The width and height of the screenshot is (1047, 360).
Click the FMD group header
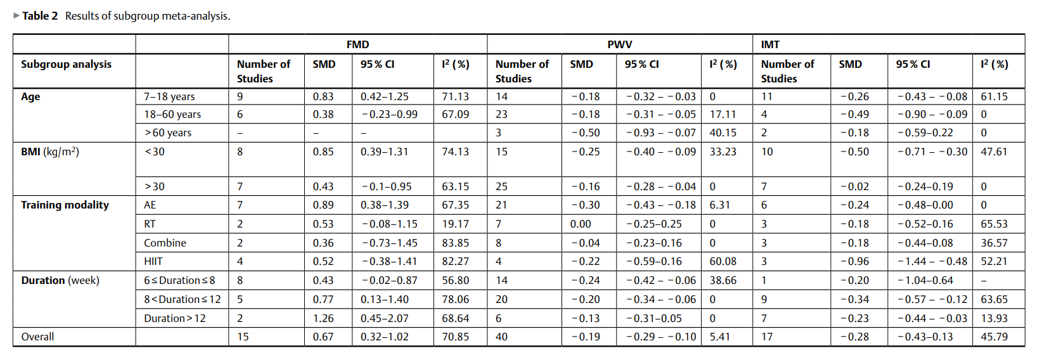click(357, 44)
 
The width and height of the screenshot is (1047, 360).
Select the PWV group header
click(620, 44)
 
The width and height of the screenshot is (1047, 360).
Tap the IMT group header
click(770, 44)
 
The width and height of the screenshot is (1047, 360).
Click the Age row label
click(30, 97)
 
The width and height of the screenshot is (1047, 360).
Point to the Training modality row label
click(65, 205)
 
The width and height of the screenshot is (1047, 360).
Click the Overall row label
click(37, 337)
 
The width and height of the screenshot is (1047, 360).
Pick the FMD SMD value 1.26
click(323, 318)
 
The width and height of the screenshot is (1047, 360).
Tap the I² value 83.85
click(455, 243)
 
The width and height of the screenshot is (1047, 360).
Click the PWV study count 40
click(501, 337)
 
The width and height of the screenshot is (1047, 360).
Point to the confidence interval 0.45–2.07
click(384, 318)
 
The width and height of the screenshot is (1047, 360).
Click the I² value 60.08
click(723, 261)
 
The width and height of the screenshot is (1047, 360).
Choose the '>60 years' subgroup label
click(168, 132)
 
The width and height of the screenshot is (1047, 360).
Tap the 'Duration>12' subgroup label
click(175, 318)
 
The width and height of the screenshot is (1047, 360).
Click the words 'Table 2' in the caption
click(40, 16)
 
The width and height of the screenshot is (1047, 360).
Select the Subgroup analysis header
click(66, 65)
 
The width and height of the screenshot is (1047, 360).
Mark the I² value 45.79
click(994, 337)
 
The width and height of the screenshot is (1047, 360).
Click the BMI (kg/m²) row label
click(50, 152)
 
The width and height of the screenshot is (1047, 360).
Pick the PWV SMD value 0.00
click(581, 224)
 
